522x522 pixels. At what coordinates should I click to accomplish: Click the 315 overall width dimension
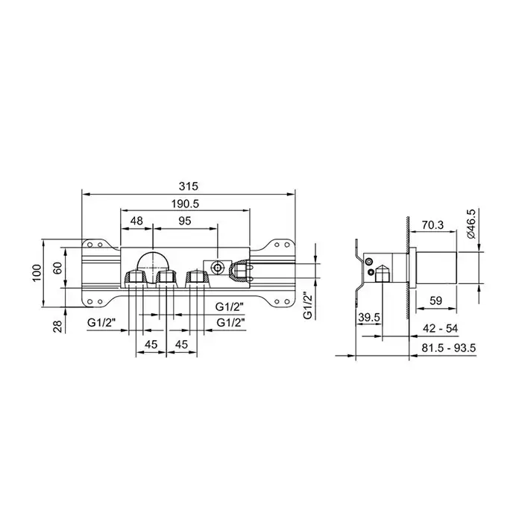pyautogui.click(x=188, y=186)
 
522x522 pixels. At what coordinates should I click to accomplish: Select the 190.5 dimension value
pyautogui.click(x=185, y=203)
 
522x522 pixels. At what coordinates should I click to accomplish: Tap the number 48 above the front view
pyautogui.click(x=136, y=221)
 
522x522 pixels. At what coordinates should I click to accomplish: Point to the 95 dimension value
pyautogui.click(x=185, y=221)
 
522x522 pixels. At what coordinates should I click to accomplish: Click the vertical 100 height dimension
pyautogui.click(x=37, y=273)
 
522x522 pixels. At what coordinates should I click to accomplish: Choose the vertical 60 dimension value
pyautogui.click(x=57, y=268)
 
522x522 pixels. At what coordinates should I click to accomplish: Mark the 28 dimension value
pyautogui.click(x=57, y=327)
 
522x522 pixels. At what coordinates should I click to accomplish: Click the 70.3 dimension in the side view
pyautogui.click(x=433, y=225)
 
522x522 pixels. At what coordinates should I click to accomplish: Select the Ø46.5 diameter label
pyautogui.click(x=472, y=224)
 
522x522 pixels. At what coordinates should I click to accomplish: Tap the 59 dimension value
pyautogui.click(x=435, y=301)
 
